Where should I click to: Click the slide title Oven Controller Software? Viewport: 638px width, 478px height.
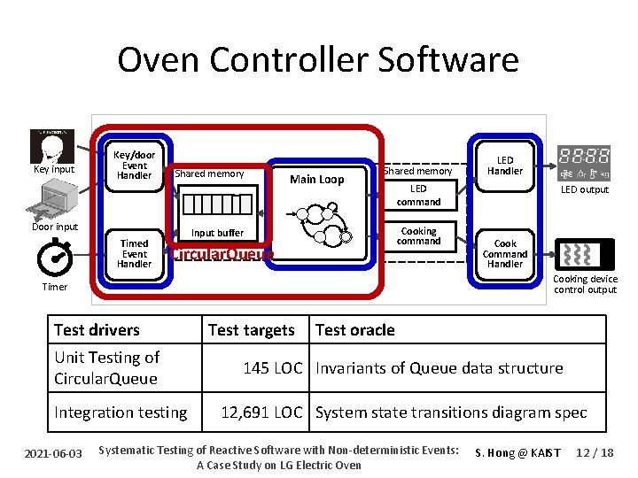coord(318,60)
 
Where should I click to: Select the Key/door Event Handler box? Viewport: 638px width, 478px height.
coord(134,165)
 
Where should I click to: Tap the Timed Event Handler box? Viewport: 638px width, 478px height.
coord(134,253)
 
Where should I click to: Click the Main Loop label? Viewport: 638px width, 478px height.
coord(316,180)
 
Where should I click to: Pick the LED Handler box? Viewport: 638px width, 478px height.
coord(505,166)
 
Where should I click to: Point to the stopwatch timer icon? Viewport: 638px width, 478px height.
coord(55,257)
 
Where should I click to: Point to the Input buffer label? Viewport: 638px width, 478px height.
coord(217,233)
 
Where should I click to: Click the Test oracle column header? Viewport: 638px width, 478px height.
coord(354,330)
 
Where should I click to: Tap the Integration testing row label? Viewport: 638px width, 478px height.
coord(121,412)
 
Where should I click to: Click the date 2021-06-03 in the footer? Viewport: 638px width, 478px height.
coord(54,453)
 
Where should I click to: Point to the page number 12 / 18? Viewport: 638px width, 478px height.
coord(594,452)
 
